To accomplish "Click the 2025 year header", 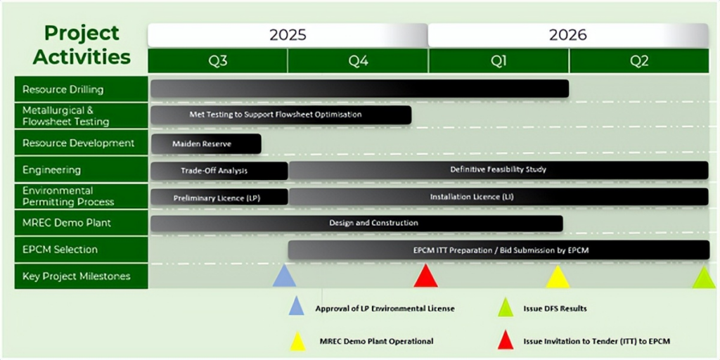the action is click(x=288, y=35).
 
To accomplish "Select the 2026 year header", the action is click(x=568, y=35).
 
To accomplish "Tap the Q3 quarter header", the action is click(x=218, y=62).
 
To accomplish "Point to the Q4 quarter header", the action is click(x=358, y=62).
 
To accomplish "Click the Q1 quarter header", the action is click(x=499, y=62).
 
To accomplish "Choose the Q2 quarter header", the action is click(x=639, y=62).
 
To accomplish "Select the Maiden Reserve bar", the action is click(x=206, y=143).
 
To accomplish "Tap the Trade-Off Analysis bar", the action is click(x=219, y=171).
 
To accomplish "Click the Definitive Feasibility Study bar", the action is click(x=499, y=170).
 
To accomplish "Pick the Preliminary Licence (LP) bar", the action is click(x=219, y=198).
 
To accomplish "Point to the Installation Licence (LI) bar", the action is click(x=499, y=197).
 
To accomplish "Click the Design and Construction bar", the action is click(x=356, y=224).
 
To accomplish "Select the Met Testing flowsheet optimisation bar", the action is click(x=281, y=115).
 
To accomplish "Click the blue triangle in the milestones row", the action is click(x=284, y=276).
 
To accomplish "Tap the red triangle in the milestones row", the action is click(x=425, y=276).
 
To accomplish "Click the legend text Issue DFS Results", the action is click(x=555, y=309).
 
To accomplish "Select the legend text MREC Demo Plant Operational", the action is click(x=377, y=341).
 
